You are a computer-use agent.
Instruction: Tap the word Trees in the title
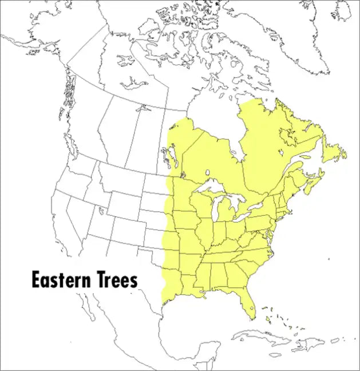click(x=116, y=280)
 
